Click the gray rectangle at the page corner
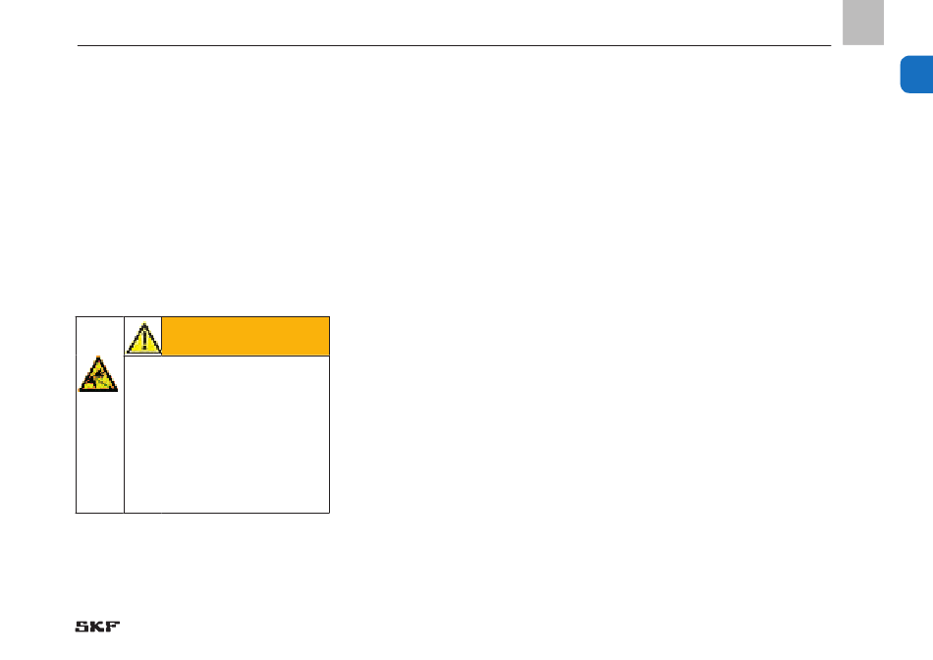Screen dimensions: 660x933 862,23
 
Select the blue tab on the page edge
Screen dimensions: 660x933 917,76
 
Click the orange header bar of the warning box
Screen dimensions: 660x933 246,336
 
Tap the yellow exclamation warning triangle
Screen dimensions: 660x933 143,337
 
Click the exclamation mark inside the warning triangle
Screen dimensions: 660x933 143,339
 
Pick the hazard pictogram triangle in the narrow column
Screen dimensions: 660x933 98,375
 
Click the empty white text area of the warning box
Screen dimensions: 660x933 226,432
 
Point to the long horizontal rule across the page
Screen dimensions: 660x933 452,45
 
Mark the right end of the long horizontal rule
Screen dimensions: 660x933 830,45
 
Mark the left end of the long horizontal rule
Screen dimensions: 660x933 79,45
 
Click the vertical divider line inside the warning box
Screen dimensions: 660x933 125,442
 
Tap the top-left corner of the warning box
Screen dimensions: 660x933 77,316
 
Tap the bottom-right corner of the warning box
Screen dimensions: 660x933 329,512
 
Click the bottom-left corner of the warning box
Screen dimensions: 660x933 77,512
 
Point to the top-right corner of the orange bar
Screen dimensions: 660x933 329,317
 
